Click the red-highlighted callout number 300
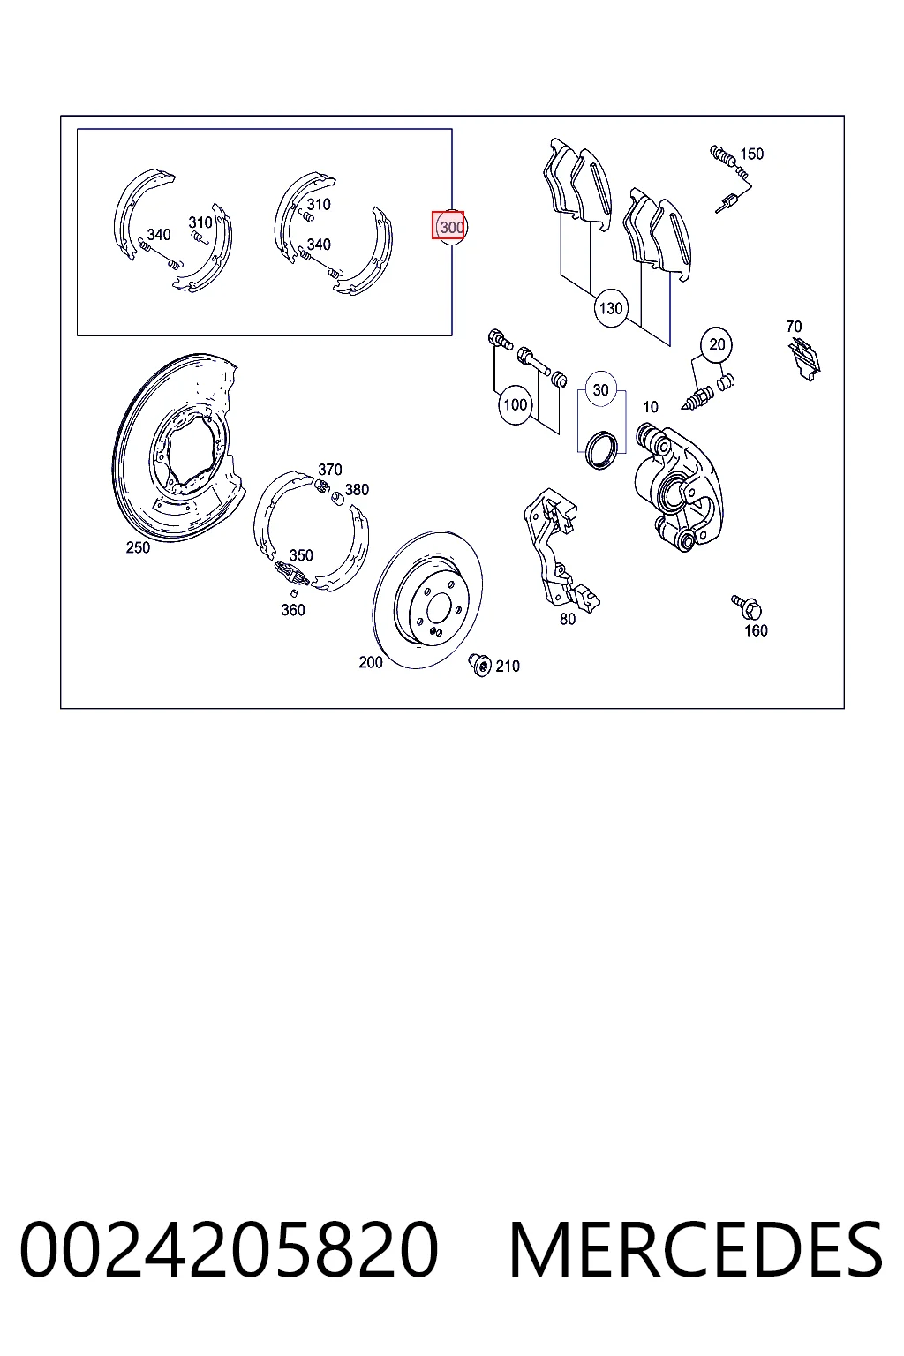(x=448, y=226)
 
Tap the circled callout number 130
(x=610, y=309)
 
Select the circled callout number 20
(x=717, y=344)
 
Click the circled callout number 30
(x=600, y=390)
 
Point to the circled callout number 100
(x=516, y=404)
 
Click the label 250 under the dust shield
(x=138, y=547)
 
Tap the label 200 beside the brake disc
(x=371, y=662)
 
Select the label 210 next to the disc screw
(x=508, y=666)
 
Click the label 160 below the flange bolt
(x=756, y=630)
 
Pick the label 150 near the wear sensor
(x=751, y=154)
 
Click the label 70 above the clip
(x=794, y=327)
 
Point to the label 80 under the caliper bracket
(x=568, y=619)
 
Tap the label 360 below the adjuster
(x=293, y=610)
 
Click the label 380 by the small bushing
(x=357, y=489)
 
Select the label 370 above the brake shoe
(x=330, y=469)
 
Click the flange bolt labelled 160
(x=747, y=606)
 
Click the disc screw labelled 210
(x=480, y=665)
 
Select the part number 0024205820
(x=229, y=1249)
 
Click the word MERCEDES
(x=696, y=1249)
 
